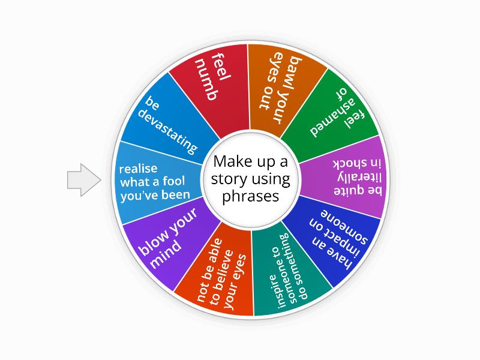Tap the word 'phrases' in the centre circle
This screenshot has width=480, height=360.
[x=251, y=196]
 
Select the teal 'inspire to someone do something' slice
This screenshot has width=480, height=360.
[x=288, y=276]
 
